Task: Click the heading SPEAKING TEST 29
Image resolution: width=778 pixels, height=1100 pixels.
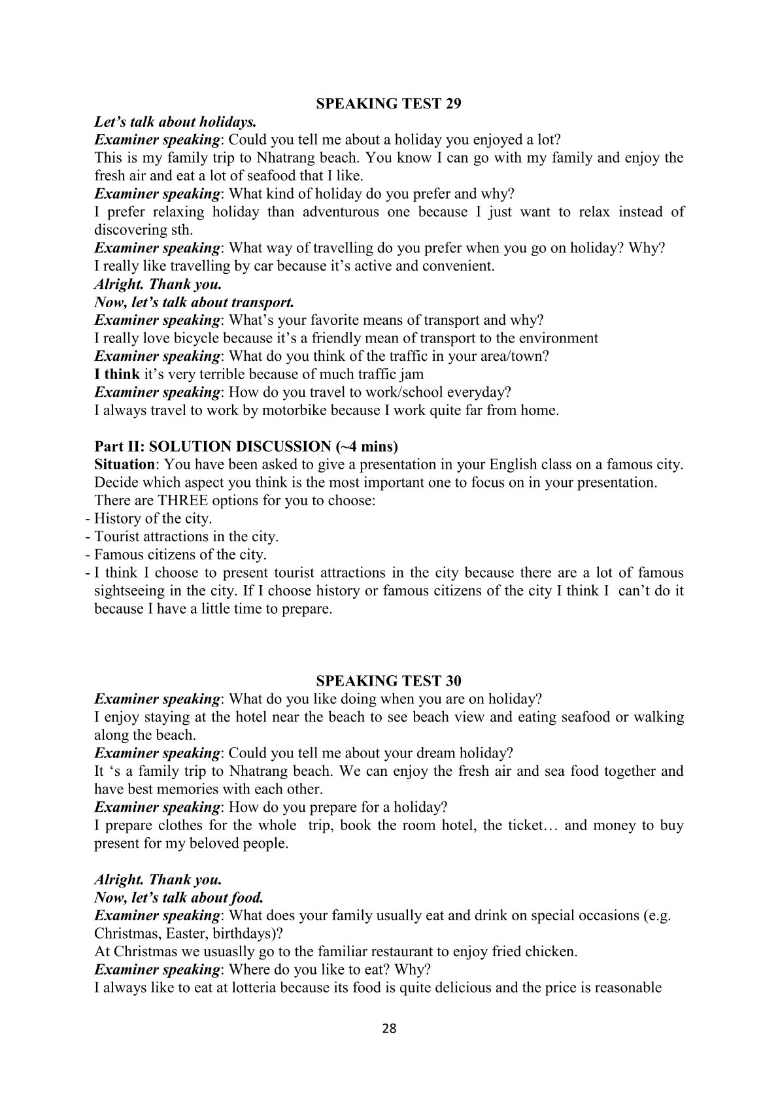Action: pyautogui.click(x=389, y=103)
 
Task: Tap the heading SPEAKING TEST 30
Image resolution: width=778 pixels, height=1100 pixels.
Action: pyautogui.click(x=389, y=680)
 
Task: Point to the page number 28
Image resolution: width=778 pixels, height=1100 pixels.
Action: pyautogui.click(x=389, y=1028)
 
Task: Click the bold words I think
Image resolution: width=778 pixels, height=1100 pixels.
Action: pyautogui.click(x=117, y=375)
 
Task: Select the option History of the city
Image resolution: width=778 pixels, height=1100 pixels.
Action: pyautogui.click(x=153, y=519)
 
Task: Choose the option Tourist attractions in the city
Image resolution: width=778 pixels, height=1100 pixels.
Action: pyautogui.click(x=186, y=537)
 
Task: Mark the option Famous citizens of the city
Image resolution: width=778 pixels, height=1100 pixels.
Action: pyautogui.click(x=180, y=555)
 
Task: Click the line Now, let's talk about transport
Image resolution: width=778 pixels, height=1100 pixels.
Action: pyautogui.click(x=194, y=303)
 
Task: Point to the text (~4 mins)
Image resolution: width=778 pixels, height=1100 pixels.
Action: pyautogui.click(x=365, y=447)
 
